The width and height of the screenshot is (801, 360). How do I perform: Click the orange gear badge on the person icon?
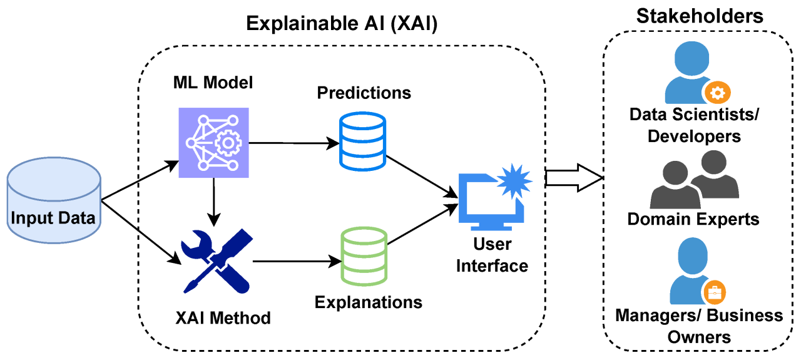coord(717,93)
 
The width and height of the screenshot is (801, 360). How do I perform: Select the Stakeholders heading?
coord(700,16)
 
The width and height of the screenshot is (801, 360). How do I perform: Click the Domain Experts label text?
coord(693,219)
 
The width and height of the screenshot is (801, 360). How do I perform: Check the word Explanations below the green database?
coord(368,302)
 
